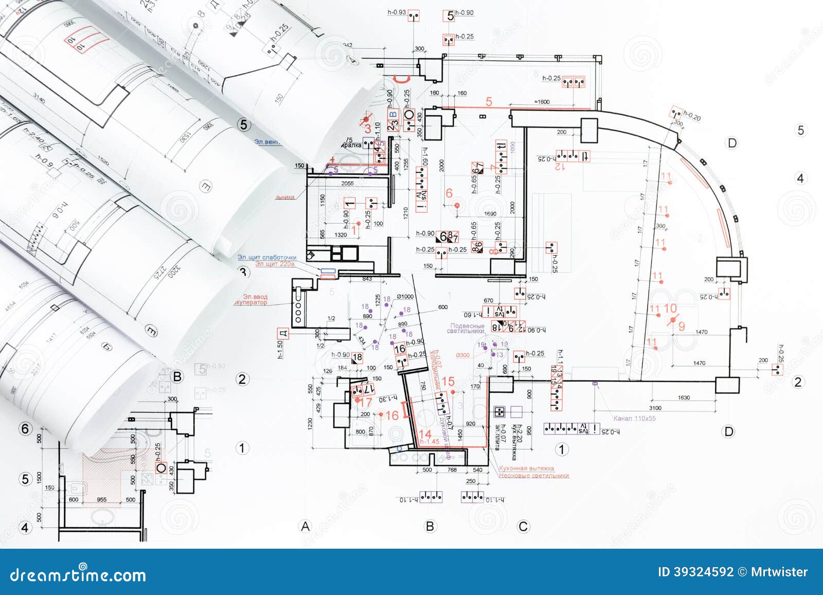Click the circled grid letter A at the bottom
[306, 526]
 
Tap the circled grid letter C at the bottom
[523, 526]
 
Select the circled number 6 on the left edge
[25, 428]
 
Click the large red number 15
[448, 381]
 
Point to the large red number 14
[425, 434]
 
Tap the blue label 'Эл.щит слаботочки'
[266, 257]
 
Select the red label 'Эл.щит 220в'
[275, 264]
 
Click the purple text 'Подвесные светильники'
[467, 328]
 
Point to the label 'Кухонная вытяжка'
[526, 468]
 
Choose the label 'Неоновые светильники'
[533, 476]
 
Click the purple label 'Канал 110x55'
[634, 419]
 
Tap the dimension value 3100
[655, 408]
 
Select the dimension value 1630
[684, 398]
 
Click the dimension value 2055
[348, 183]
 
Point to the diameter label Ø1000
[405, 297]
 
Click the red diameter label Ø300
[463, 355]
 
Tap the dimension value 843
[367, 279]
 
